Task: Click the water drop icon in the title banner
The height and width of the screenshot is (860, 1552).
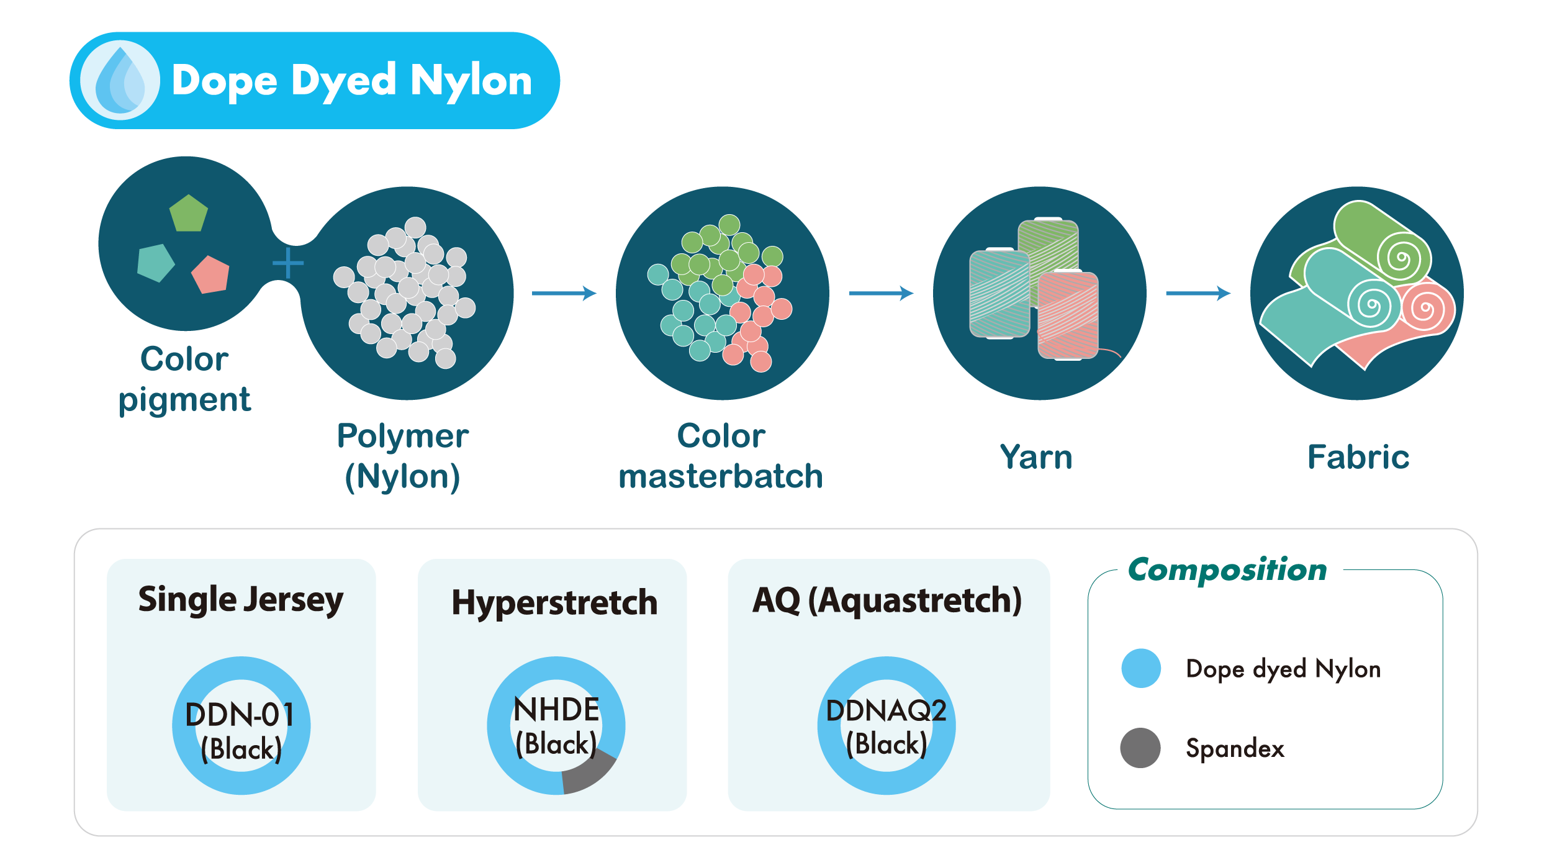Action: pos(120,80)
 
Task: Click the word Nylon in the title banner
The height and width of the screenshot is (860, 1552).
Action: pos(471,81)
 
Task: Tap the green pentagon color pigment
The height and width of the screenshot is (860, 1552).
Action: pos(189,214)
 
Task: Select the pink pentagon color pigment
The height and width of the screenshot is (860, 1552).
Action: pos(211,274)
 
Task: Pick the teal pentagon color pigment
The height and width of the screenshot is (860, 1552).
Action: pos(155,263)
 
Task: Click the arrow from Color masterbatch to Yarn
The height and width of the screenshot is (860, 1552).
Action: pos(881,293)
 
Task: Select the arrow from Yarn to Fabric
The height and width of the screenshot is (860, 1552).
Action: pos(1198,293)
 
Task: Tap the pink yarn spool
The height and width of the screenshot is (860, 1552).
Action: pos(1068,315)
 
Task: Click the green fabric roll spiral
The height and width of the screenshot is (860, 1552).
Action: pos(1401,258)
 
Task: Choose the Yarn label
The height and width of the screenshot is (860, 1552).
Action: pos(1036,458)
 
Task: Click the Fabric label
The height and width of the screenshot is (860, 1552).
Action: pos(1358,458)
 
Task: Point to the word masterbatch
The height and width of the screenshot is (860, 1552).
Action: pos(721,477)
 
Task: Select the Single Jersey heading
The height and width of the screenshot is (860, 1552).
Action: pos(241,600)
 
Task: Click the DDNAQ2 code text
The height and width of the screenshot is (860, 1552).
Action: pos(886,711)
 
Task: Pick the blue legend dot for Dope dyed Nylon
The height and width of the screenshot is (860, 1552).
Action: pos(1141,668)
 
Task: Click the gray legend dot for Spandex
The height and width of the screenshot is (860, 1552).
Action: pos(1140,748)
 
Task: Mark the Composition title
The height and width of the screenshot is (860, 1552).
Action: pos(1227,570)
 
